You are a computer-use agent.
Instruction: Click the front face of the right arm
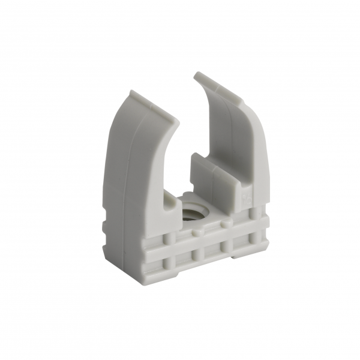[x=252, y=150]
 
